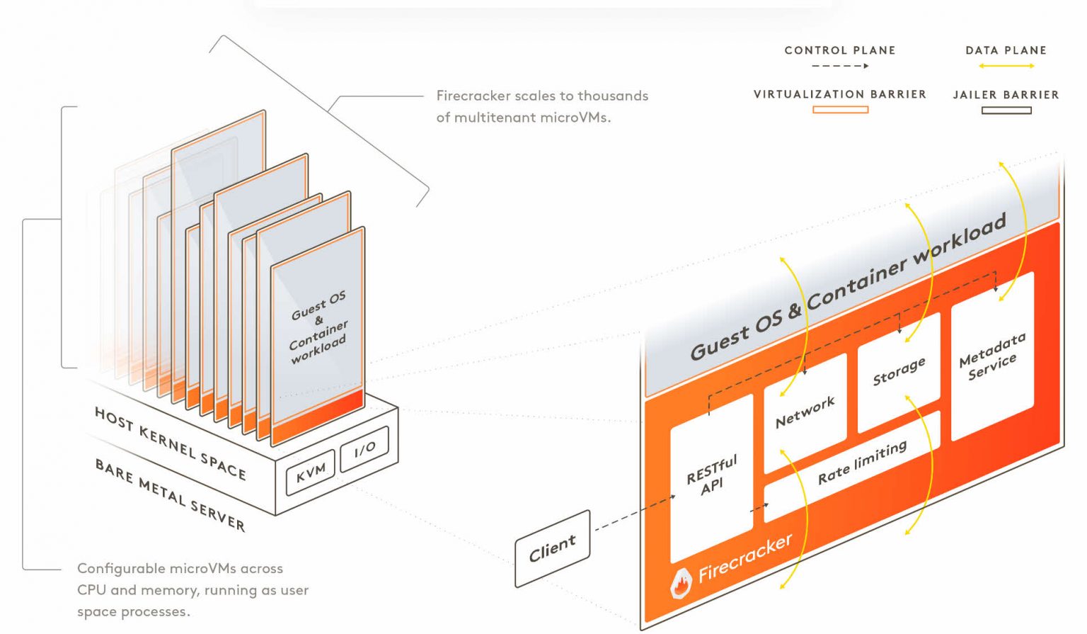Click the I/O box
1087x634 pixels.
(x=364, y=448)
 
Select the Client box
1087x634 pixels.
(x=552, y=548)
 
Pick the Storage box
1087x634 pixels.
(x=898, y=372)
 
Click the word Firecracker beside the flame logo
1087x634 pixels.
(x=744, y=557)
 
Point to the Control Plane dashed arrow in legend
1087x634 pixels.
(x=840, y=66)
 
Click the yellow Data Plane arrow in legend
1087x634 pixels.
(x=1006, y=66)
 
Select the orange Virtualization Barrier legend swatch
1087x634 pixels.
(x=840, y=110)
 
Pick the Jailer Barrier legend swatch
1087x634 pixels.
(x=1006, y=111)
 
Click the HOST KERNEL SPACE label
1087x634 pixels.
(x=170, y=443)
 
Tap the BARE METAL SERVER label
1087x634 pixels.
(x=170, y=494)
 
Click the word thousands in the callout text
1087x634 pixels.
(x=613, y=96)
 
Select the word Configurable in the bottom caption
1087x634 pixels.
(x=120, y=568)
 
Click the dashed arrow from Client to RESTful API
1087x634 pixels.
(x=633, y=513)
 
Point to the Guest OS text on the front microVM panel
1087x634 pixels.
(x=318, y=305)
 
